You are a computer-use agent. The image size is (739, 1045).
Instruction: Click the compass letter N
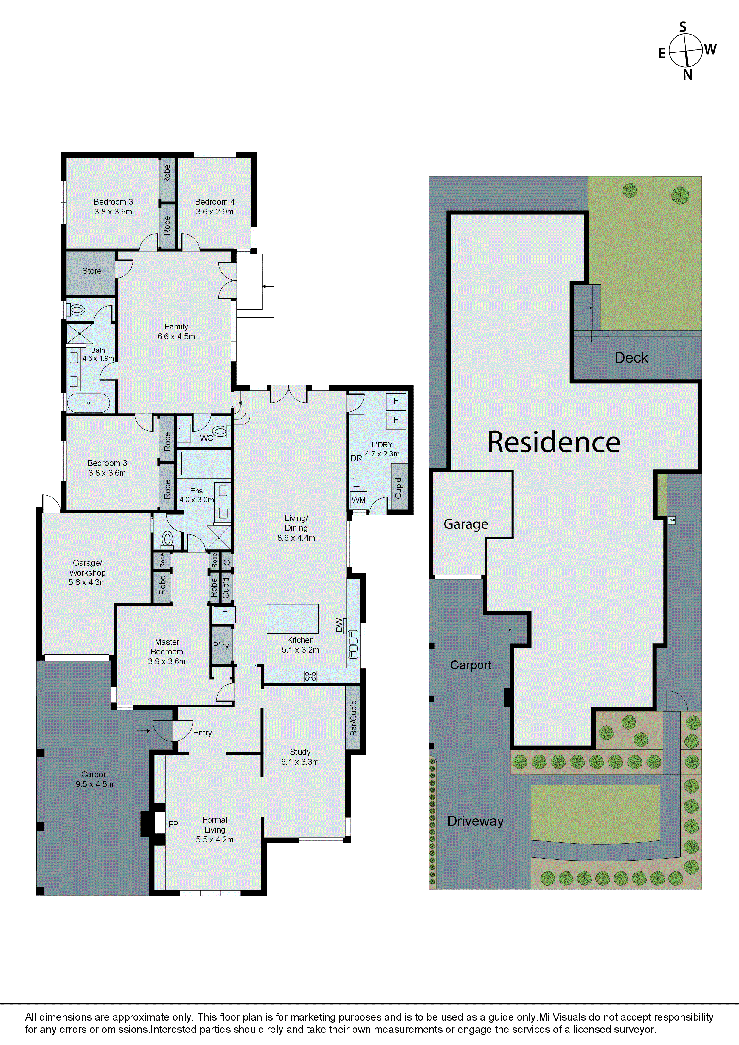(x=687, y=75)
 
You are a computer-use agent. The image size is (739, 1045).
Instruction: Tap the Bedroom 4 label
(x=215, y=202)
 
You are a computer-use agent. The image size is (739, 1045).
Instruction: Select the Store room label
(x=91, y=271)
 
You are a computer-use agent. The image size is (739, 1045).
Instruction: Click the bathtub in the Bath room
(x=88, y=403)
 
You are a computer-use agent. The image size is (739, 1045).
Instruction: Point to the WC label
(x=206, y=438)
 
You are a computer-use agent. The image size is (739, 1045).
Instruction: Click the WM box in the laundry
(x=358, y=500)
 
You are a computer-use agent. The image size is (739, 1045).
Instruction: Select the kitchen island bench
(x=292, y=618)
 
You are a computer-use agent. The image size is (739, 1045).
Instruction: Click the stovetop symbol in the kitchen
(x=310, y=676)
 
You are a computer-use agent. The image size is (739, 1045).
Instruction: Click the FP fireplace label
(x=173, y=824)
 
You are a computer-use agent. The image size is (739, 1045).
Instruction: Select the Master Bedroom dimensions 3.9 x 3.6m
(x=167, y=661)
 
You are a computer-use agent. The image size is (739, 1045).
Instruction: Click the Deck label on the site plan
(x=631, y=358)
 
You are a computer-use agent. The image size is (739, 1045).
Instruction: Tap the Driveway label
(x=475, y=821)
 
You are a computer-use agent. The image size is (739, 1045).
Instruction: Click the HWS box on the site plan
(x=671, y=520)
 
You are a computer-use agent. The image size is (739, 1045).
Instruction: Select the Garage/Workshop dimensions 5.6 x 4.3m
(x=87, y=582)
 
